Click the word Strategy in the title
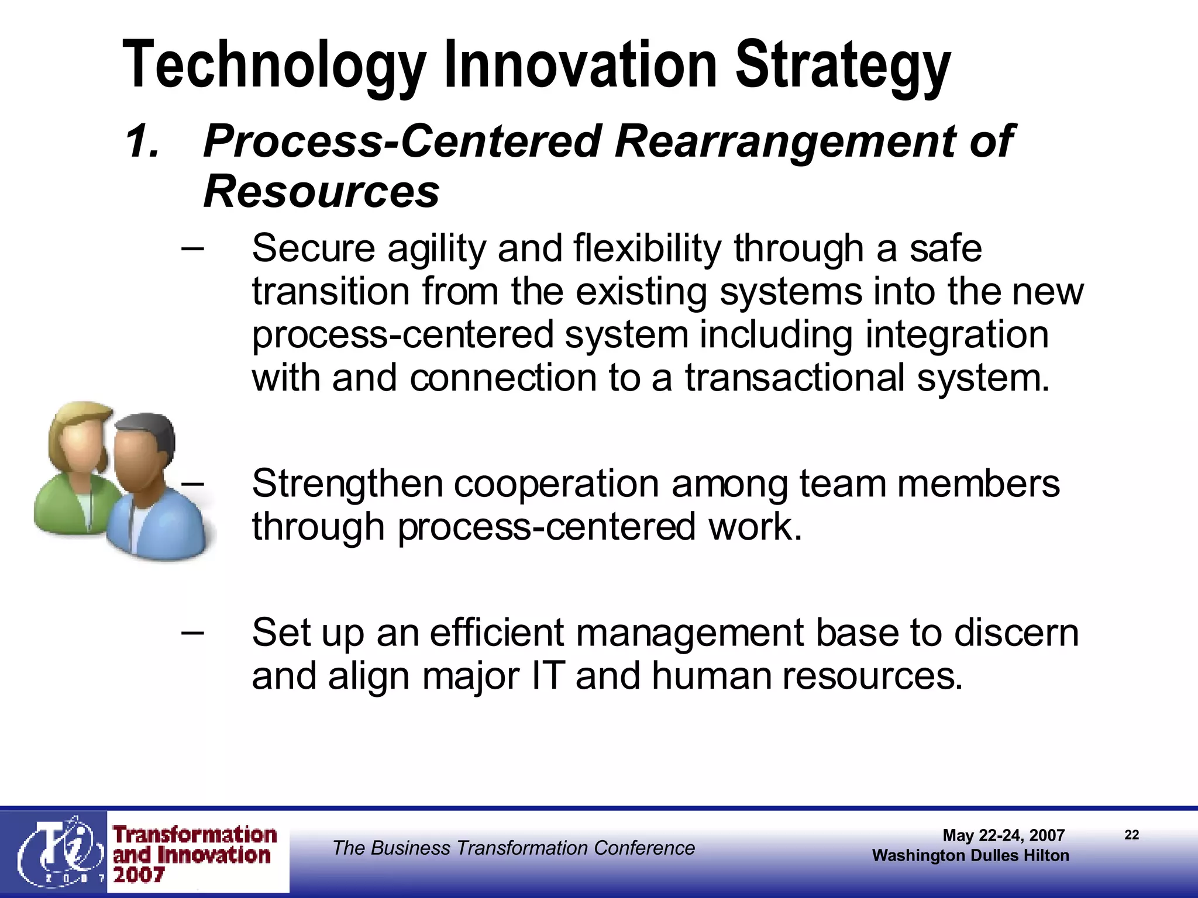(842, 65)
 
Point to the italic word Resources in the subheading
(321, 192)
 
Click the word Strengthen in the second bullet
(347, 484)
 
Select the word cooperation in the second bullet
(556, 484)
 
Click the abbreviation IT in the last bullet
(548, 676)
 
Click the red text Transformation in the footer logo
(195, 835)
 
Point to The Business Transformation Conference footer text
(514, 848)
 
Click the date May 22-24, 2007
(1003, 835)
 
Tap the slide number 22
(1131, 835)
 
